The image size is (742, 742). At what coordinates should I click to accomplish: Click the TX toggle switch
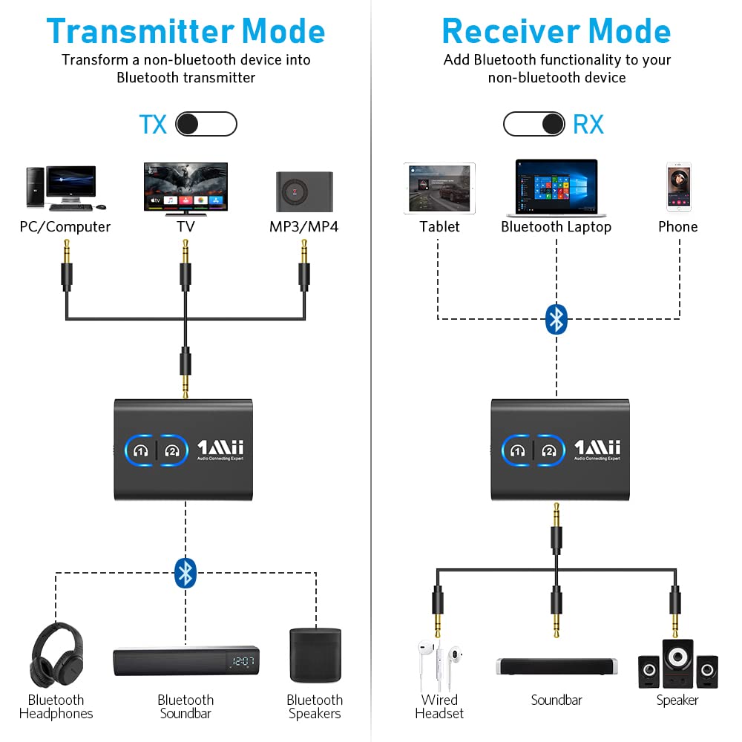click(206, 125)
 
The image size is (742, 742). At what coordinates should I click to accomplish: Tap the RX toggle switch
click(534, 125)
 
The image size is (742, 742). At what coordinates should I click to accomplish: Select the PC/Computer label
click(65, 227)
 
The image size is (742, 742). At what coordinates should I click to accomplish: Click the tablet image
click(439, 189)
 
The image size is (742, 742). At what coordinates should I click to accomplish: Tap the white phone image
click(678, 188)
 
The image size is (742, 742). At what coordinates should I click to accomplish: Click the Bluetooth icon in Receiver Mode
click(556, 319)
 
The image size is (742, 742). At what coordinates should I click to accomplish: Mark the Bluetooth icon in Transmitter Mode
click(185, 572)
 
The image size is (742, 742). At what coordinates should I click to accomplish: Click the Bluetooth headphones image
click(56, 655)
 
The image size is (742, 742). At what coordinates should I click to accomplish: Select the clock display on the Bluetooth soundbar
click(243, 661)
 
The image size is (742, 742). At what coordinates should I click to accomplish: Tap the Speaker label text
click(677, 700)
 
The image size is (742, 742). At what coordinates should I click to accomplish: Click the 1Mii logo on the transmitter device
click(220, 448)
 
